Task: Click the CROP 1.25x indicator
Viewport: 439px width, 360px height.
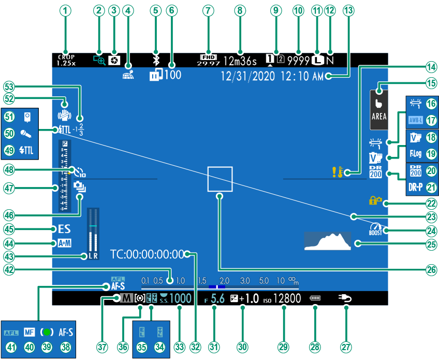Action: [x=66, y=60]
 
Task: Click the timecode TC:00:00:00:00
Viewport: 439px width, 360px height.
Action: [x=148, y=254]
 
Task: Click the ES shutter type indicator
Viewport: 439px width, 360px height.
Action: [x=65, y=228]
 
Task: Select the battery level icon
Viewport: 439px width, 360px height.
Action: [x=315, y=298]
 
